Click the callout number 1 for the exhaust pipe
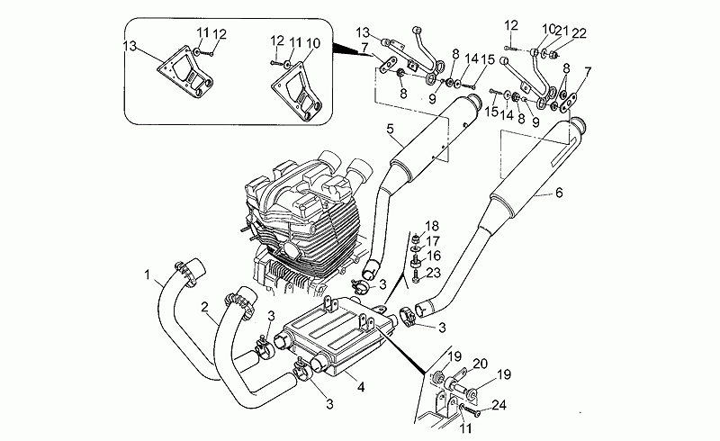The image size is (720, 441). pos(146,273)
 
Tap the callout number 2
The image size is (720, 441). pos(206,307)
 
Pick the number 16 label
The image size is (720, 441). pos(433,256)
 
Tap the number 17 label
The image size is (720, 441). pos(433,240)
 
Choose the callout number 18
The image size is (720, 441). pos(433,225)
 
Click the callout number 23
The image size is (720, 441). pos(433,272)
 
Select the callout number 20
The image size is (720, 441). pos(480,363)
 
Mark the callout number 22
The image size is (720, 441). pos(579,32)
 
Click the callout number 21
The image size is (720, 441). pos(562,32)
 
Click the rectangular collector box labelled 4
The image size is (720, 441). pos(333,337)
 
